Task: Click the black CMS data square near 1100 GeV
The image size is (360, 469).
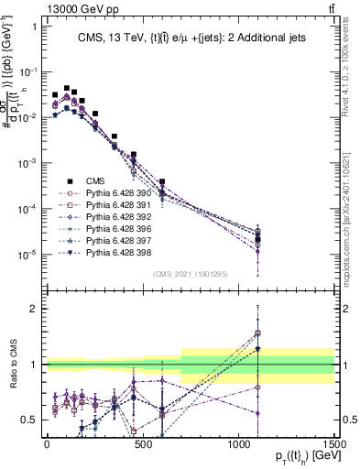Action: pos(258,240)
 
